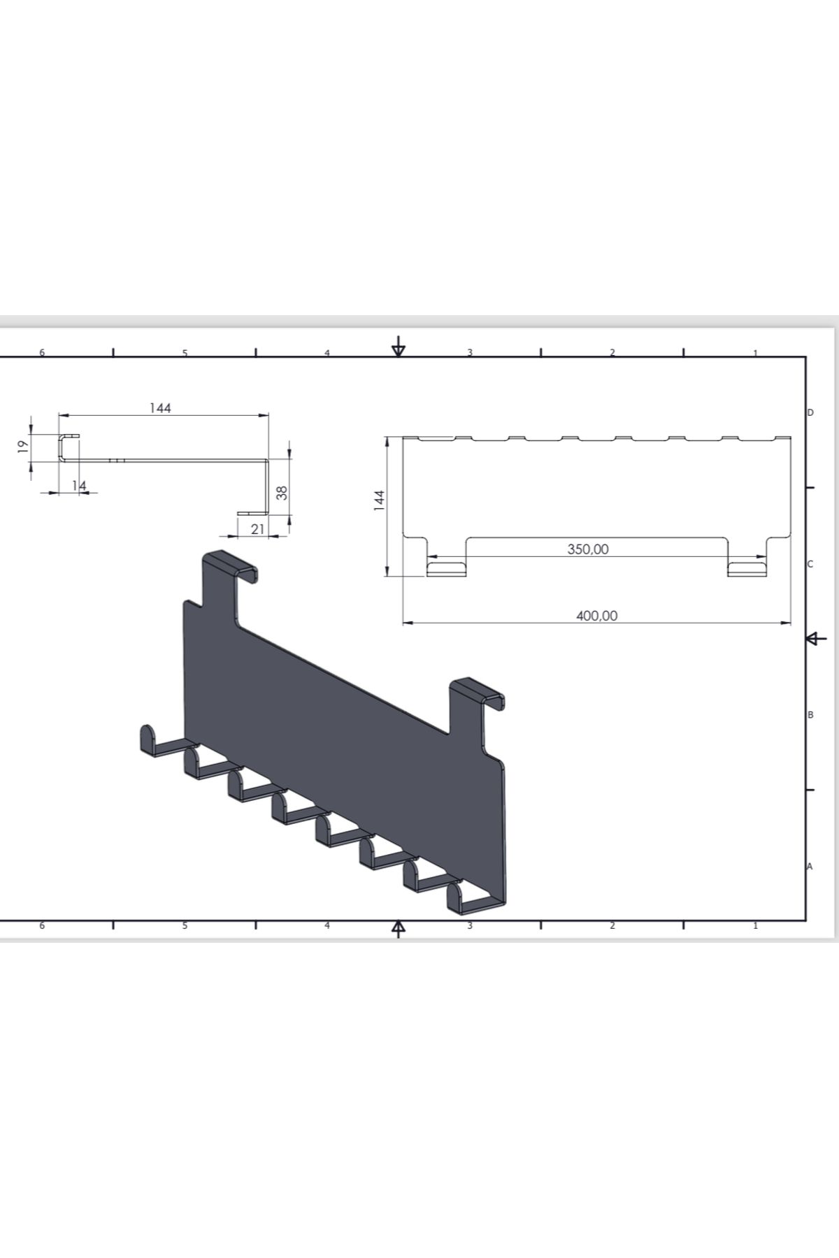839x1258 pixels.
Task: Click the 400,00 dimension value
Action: (596, 616)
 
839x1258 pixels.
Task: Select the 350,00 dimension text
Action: (588, 549)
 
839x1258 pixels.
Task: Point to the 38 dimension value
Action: (282, 493)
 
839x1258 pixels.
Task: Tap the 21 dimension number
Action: (258, 529)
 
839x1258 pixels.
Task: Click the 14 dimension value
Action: (79, 484)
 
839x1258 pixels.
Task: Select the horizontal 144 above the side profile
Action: (160, 407)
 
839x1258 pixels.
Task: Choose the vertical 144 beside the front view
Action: (379, 500)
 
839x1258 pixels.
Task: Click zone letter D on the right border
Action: (810, 413)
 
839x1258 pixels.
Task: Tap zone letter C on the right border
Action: (810, 564)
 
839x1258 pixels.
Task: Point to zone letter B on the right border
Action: (810, 715)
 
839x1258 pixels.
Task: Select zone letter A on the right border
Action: (810, 867)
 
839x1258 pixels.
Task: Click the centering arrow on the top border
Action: (399, 346)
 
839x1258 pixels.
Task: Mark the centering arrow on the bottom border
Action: (399, 929)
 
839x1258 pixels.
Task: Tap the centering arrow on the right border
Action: (816, 638)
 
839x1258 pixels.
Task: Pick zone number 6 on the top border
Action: (42, 352)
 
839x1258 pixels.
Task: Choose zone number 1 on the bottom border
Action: (755, 925)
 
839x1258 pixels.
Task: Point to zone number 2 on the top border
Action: (612, 352)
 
